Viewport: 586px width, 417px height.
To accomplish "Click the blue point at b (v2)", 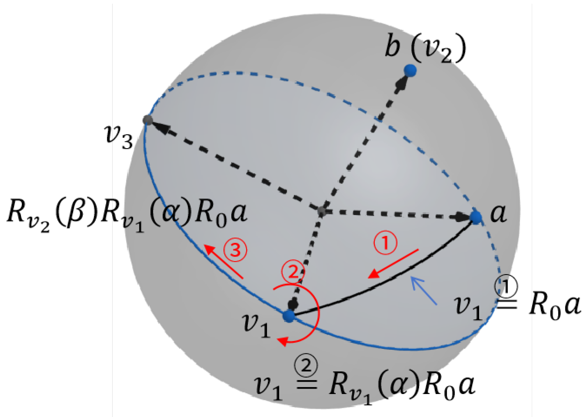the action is [x=410, y=71].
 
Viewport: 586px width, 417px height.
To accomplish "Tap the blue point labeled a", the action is [x=476, y=218].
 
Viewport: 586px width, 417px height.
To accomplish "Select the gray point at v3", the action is [x=148, y=120].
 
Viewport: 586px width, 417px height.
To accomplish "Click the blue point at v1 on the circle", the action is [x=289, y=316].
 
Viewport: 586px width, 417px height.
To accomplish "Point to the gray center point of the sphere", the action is [x=322, y=211].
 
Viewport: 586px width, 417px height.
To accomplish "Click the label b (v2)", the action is [x=425, y=47].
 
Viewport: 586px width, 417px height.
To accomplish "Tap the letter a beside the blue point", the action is [x=498, y=213].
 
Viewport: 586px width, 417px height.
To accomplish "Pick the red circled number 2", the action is [x=293, y=271].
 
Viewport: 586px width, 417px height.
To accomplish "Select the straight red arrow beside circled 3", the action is [x=224, y=262].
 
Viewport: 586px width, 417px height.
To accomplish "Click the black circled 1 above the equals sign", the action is [x=507, y=287].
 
